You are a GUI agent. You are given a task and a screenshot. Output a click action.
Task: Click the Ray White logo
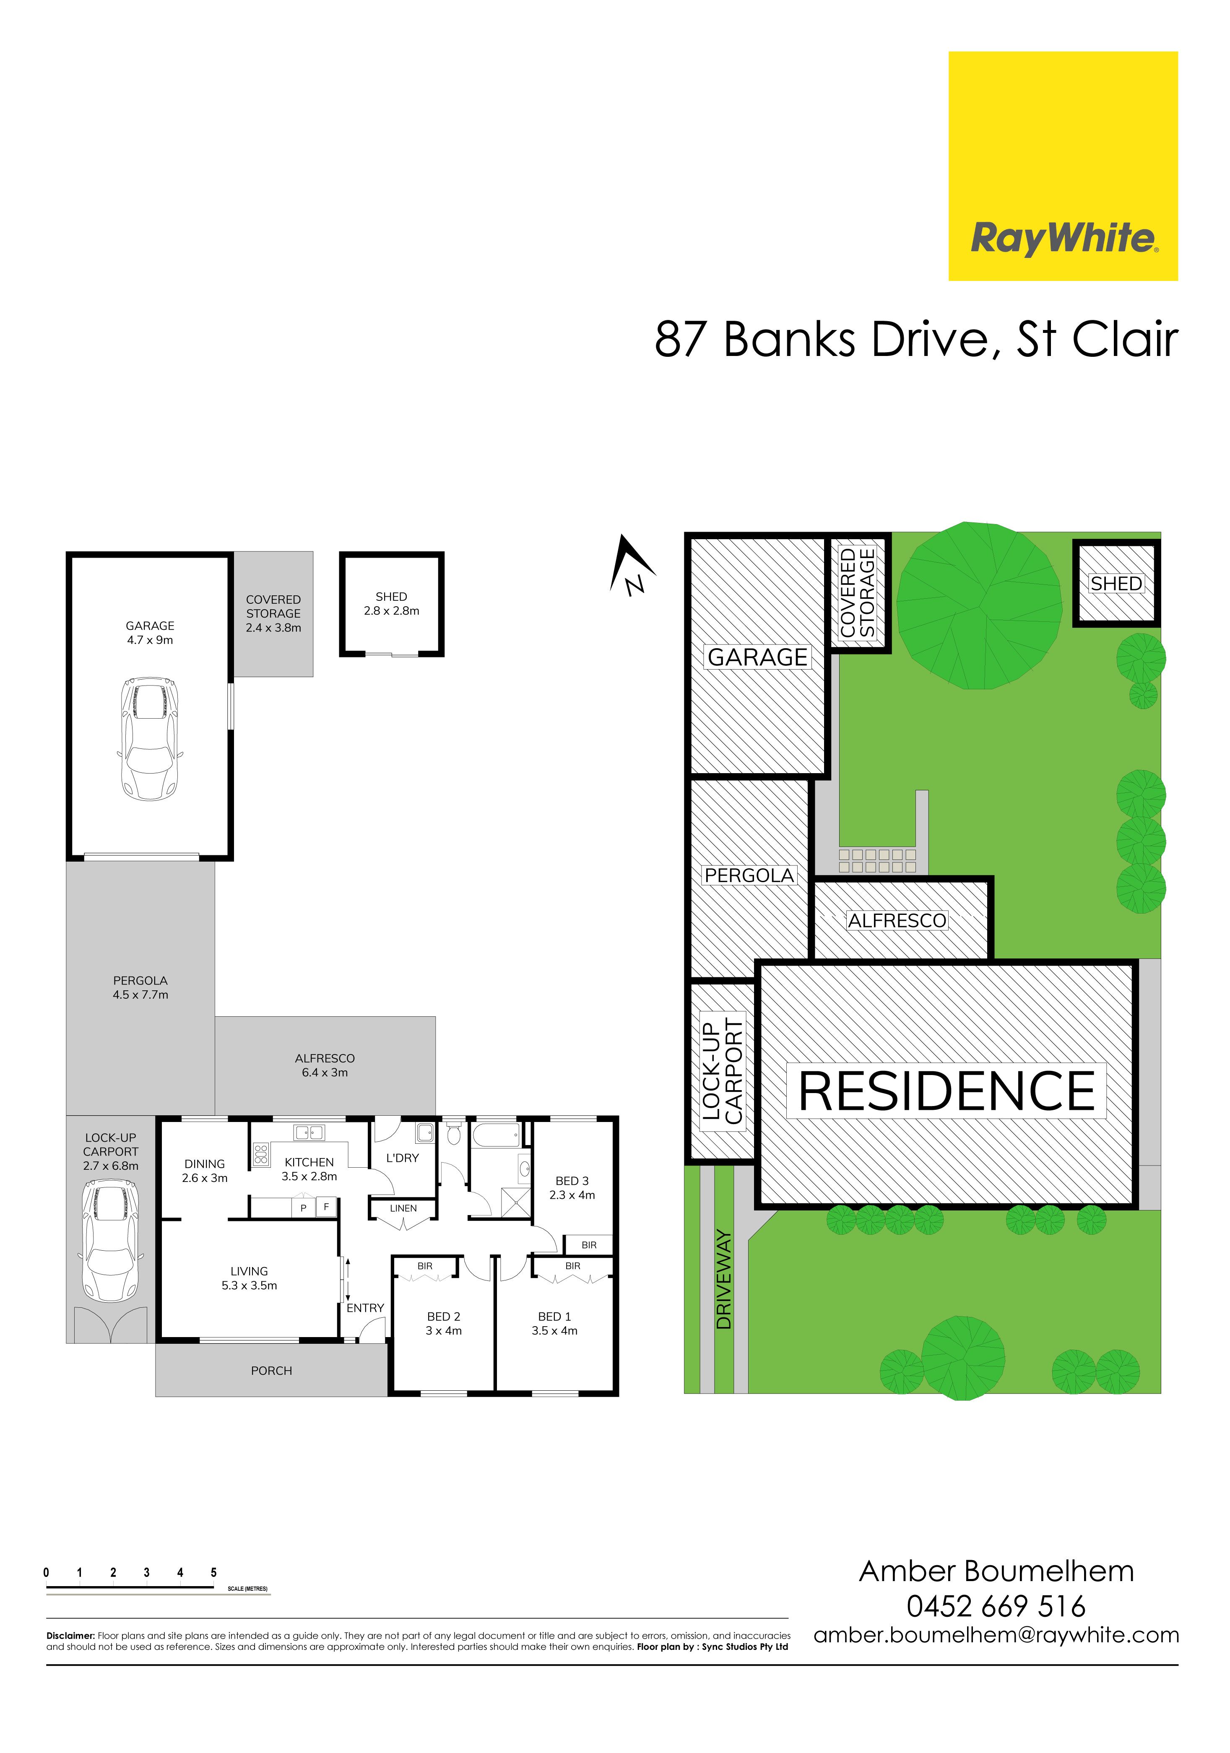click(x=1063, y=166)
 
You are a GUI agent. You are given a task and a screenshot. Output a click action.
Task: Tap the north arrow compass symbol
click(x=633, y=566)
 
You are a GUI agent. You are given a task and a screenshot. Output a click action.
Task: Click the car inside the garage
click(x=150, y=738)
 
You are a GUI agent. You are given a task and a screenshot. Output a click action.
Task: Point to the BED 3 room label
click(x=572, y=1188)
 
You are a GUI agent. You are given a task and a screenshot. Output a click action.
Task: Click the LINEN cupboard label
click(x=403, y=1208)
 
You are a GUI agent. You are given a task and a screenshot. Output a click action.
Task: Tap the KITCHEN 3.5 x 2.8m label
click(x=309, y=1169)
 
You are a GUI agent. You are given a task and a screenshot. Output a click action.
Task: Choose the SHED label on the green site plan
click(x=1116, y=583)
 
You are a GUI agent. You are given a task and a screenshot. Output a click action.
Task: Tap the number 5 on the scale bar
click(x=214, y=1573)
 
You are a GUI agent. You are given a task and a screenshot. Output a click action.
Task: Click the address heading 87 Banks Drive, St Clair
click(x=916, y=339)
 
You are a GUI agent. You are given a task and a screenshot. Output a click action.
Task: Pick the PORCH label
click(x=272, y=1371)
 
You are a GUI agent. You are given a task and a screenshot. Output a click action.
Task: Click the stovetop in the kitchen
click(x=260, y=1154)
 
